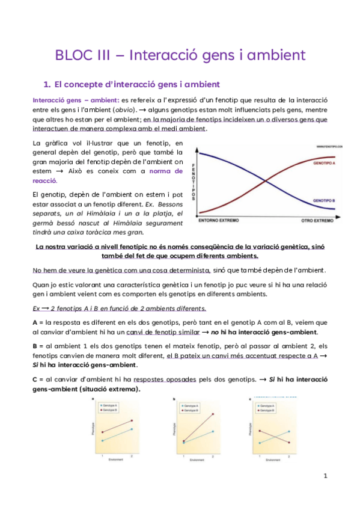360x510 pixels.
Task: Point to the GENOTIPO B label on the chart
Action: coord(323,200)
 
